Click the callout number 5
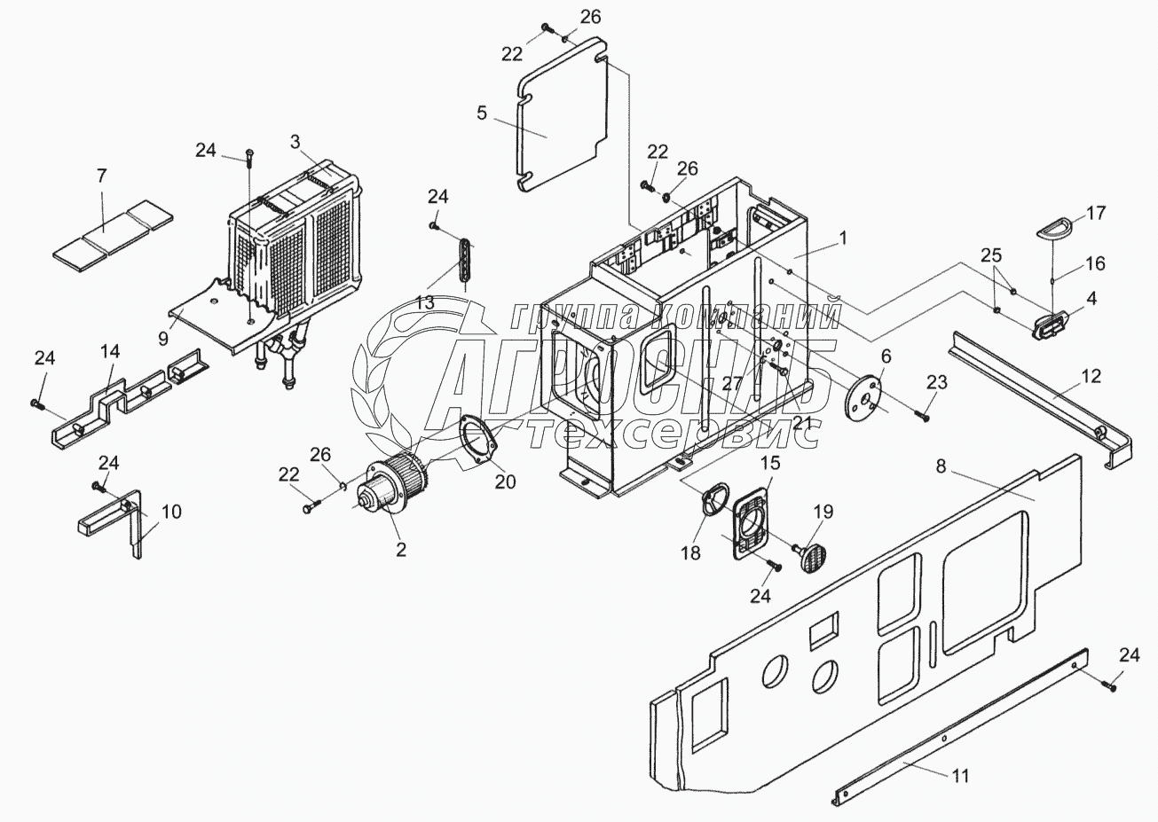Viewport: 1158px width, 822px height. [482, 113]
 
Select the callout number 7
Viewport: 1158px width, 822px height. [102, 176]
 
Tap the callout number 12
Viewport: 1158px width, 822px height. [1091, 376]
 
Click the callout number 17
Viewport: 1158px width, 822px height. [1096, 213]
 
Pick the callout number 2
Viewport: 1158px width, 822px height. [400, 550]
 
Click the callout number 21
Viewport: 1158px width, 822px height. [802, 395]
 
